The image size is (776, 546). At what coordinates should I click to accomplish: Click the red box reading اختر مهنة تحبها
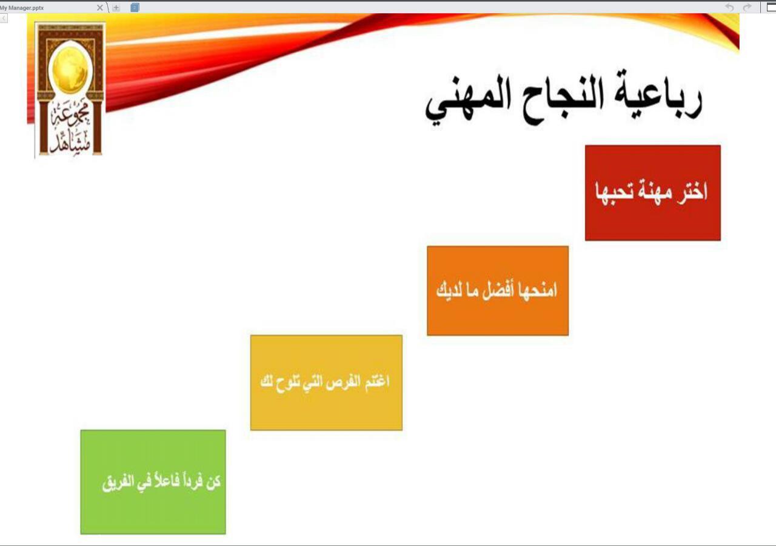[x=653, y=193]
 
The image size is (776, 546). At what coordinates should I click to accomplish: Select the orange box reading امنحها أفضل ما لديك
[x=498, y=290]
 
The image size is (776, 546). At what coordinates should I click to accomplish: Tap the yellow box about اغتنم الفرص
[x=326, y=382]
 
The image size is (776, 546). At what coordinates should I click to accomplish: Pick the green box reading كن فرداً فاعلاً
[x=153, y=482]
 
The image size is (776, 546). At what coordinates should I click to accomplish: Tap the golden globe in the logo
[x=70, y=70]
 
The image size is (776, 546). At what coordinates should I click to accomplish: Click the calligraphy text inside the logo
[x=70, y=127]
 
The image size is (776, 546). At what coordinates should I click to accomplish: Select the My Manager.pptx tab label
[x=22, y=8]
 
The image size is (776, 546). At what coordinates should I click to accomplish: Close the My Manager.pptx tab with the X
[x=100, y=8]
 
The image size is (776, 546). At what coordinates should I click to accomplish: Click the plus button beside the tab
[x=116, y=8]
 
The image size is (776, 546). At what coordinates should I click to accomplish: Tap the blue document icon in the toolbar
[x=135, y=7]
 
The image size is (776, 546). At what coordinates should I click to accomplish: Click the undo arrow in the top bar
[x=729, y=7]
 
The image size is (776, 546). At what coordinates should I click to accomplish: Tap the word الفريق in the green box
[x=118, y=482]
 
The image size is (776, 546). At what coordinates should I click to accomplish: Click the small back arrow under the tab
[x=4, y=18]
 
